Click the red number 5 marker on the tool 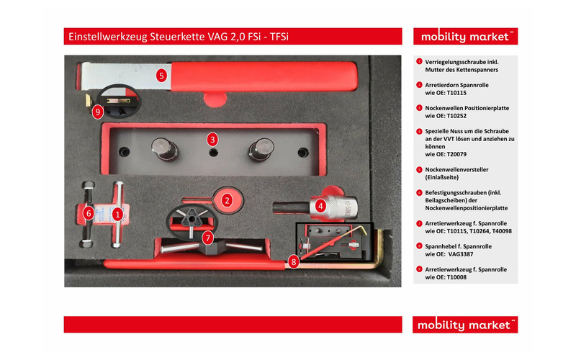(161, 76)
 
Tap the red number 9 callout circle (97, 112)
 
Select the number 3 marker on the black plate (212, 140)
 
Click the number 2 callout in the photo (227, 201)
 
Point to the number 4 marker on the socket (320, 206)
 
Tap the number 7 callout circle (207, 238)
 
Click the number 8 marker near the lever (293, 262)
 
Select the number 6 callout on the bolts (88, 213)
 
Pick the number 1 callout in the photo (117, 214)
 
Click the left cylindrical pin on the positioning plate (165, 149)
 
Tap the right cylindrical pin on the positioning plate (261, 150)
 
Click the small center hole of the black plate (213, 153)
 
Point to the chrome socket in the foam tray (333, 207)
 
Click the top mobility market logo (465, 37)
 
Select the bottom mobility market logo (465, 325)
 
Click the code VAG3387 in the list (461, 254)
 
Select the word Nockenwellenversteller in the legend (456, 170)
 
